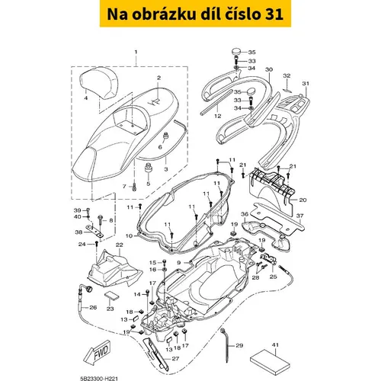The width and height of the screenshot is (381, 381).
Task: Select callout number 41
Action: [x=275, y=344]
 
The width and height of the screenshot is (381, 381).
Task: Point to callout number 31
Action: [x=306, y=83]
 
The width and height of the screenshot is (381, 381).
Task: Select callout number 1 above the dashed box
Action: [x=136, y=52]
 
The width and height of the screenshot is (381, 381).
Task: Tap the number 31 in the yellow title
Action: [x=274, y=14]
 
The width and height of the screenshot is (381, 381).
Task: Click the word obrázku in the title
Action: [x=164, y=14]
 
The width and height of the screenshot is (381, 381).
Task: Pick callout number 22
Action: [x=119, y=245]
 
